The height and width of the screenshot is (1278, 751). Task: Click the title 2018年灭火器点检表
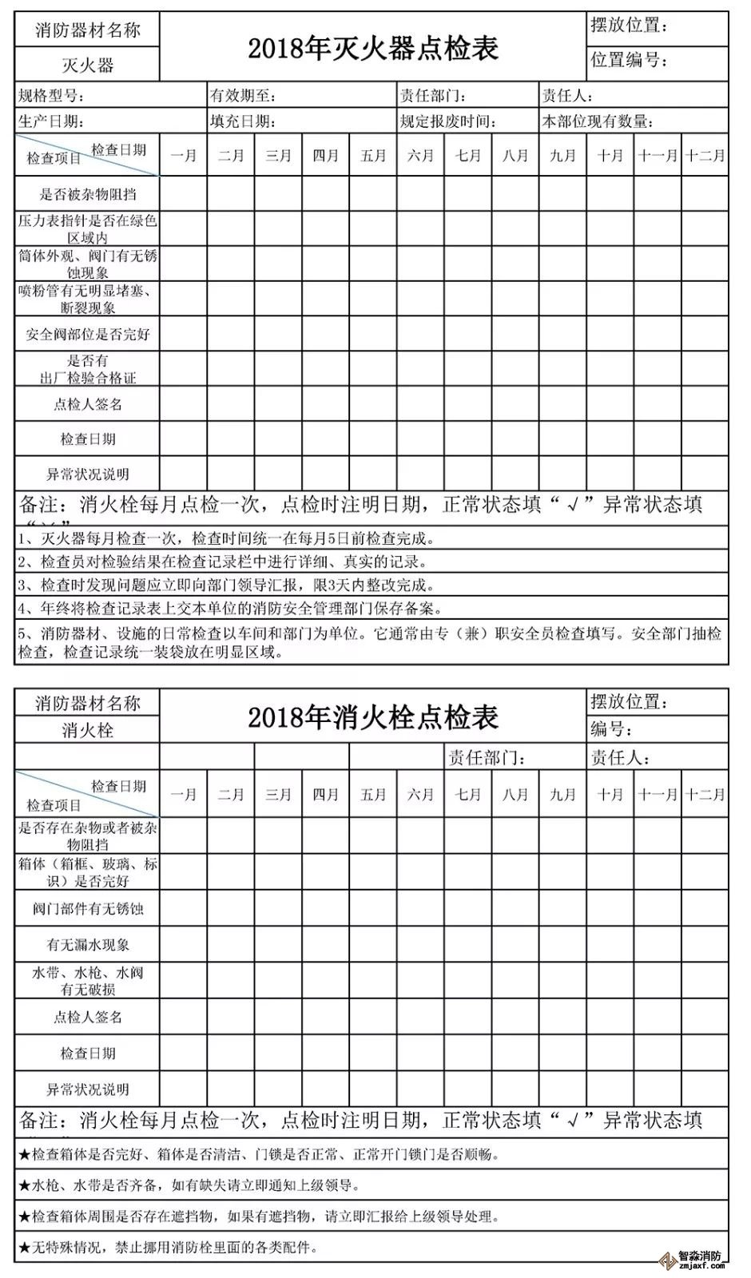tap(372, 49)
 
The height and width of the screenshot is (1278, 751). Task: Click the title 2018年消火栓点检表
tap(372, 716)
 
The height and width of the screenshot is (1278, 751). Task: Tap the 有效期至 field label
tap(243, 97)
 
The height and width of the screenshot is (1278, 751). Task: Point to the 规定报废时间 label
tap(448, 121)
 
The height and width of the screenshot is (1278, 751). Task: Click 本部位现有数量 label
tap(598, 121)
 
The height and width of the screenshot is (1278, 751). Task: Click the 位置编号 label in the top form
tap(628, 60)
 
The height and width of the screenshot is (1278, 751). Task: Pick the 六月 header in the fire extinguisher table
tap(420, 156)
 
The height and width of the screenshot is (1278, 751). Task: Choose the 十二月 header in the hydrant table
tap(705, 794)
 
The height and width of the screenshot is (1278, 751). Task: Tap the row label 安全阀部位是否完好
tap(88, 334)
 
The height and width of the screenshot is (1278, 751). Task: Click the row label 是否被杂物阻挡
tap(88, 194)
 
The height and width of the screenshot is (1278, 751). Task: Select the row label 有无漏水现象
tap(88, 944)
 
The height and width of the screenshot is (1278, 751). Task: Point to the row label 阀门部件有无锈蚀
tap(88, 908)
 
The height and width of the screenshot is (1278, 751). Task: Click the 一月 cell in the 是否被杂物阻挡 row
tap(184, 194)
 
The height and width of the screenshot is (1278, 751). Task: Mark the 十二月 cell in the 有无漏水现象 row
tap(705, 944)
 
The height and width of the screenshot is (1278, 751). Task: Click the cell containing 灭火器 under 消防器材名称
tap(88, 65)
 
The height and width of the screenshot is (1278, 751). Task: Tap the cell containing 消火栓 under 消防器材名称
tap(88, 729)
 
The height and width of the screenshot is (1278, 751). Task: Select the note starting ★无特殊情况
tap(168, 1247)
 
